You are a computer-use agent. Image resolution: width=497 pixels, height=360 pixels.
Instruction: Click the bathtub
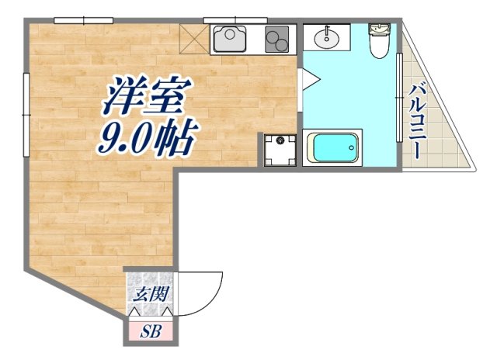pos(333,147)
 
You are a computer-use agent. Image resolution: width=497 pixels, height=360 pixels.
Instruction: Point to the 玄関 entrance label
pos(150,295)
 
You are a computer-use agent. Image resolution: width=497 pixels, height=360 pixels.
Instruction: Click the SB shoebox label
pos(151,331)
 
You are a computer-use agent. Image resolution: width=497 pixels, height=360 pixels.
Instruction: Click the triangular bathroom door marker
pos(306,78)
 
